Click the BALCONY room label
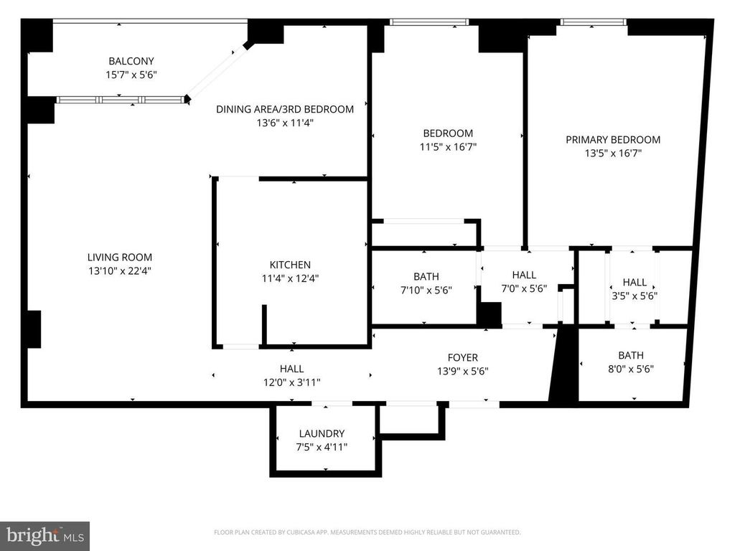(131, 61)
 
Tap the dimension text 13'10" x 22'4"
(120, 270)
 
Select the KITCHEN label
(290, 265)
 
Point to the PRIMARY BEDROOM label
(613, 140)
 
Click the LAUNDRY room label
(322, 433)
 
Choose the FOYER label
(463, 357)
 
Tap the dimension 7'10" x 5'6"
(426, 290)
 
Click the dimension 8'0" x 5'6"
(631, 369)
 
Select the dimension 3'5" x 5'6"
(635, 296)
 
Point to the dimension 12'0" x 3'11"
(292, 382)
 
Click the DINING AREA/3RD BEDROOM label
(285, 109)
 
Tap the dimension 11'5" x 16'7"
(448, 146)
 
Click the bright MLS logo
(45, 535)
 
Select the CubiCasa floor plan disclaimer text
(367, 532)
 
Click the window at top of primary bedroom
(593, 22)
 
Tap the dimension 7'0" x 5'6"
(524, 288)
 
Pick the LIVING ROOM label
(120, 258)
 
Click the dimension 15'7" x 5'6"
(131, 75)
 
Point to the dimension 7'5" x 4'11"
(322, 447)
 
